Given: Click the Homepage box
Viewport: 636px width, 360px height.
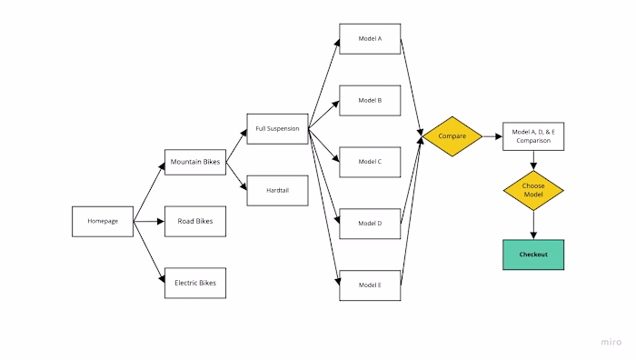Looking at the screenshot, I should pos(103,221).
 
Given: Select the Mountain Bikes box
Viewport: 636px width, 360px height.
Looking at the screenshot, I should pos(195,163).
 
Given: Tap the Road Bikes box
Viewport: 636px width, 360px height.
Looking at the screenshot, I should pos(195,221).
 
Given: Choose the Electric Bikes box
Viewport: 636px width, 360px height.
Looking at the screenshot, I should pos(195,283).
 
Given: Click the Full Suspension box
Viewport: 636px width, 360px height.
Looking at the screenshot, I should pos(278,128).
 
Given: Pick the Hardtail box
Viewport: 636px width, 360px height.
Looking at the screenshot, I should pos(278,191).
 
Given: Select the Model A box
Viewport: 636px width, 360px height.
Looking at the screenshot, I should pos(370,38).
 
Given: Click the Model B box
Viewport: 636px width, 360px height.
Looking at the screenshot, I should pos(370,100).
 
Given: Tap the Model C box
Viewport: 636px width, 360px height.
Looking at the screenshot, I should pos(370,161).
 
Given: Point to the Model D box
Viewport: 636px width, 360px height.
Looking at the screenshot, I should pos(370,223).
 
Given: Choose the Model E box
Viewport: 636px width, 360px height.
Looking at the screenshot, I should pos(370,285).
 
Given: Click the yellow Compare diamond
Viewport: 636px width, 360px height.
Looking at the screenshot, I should pos(452,136).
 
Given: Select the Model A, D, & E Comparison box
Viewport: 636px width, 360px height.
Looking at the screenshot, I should pos(533,136).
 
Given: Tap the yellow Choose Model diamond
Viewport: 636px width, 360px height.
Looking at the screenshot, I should pos(533,191).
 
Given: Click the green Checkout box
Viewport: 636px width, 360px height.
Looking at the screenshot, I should pos(533,255).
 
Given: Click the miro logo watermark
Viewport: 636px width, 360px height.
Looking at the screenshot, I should pos(611,342).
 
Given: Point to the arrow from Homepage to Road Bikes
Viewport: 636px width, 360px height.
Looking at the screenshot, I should pos(149,221).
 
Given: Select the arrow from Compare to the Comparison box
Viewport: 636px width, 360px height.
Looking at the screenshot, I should pos(492,136).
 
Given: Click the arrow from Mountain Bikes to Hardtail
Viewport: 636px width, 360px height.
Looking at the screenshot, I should pos(236,177).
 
